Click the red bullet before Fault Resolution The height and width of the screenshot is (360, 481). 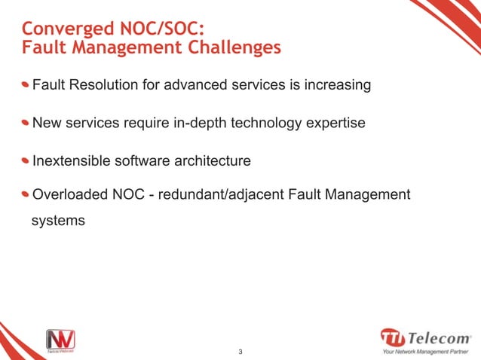click(26, 84)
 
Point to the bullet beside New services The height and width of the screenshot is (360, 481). click(26, 121)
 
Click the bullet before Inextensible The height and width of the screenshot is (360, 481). click(26, 160)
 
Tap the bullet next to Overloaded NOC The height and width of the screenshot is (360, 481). click(26, 195)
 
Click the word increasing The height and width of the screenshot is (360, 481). click(336, 85)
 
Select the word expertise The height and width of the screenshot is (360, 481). click(336, 122)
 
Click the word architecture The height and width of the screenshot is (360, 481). click(213, 161)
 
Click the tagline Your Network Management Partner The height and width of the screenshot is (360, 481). click(427, 351)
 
